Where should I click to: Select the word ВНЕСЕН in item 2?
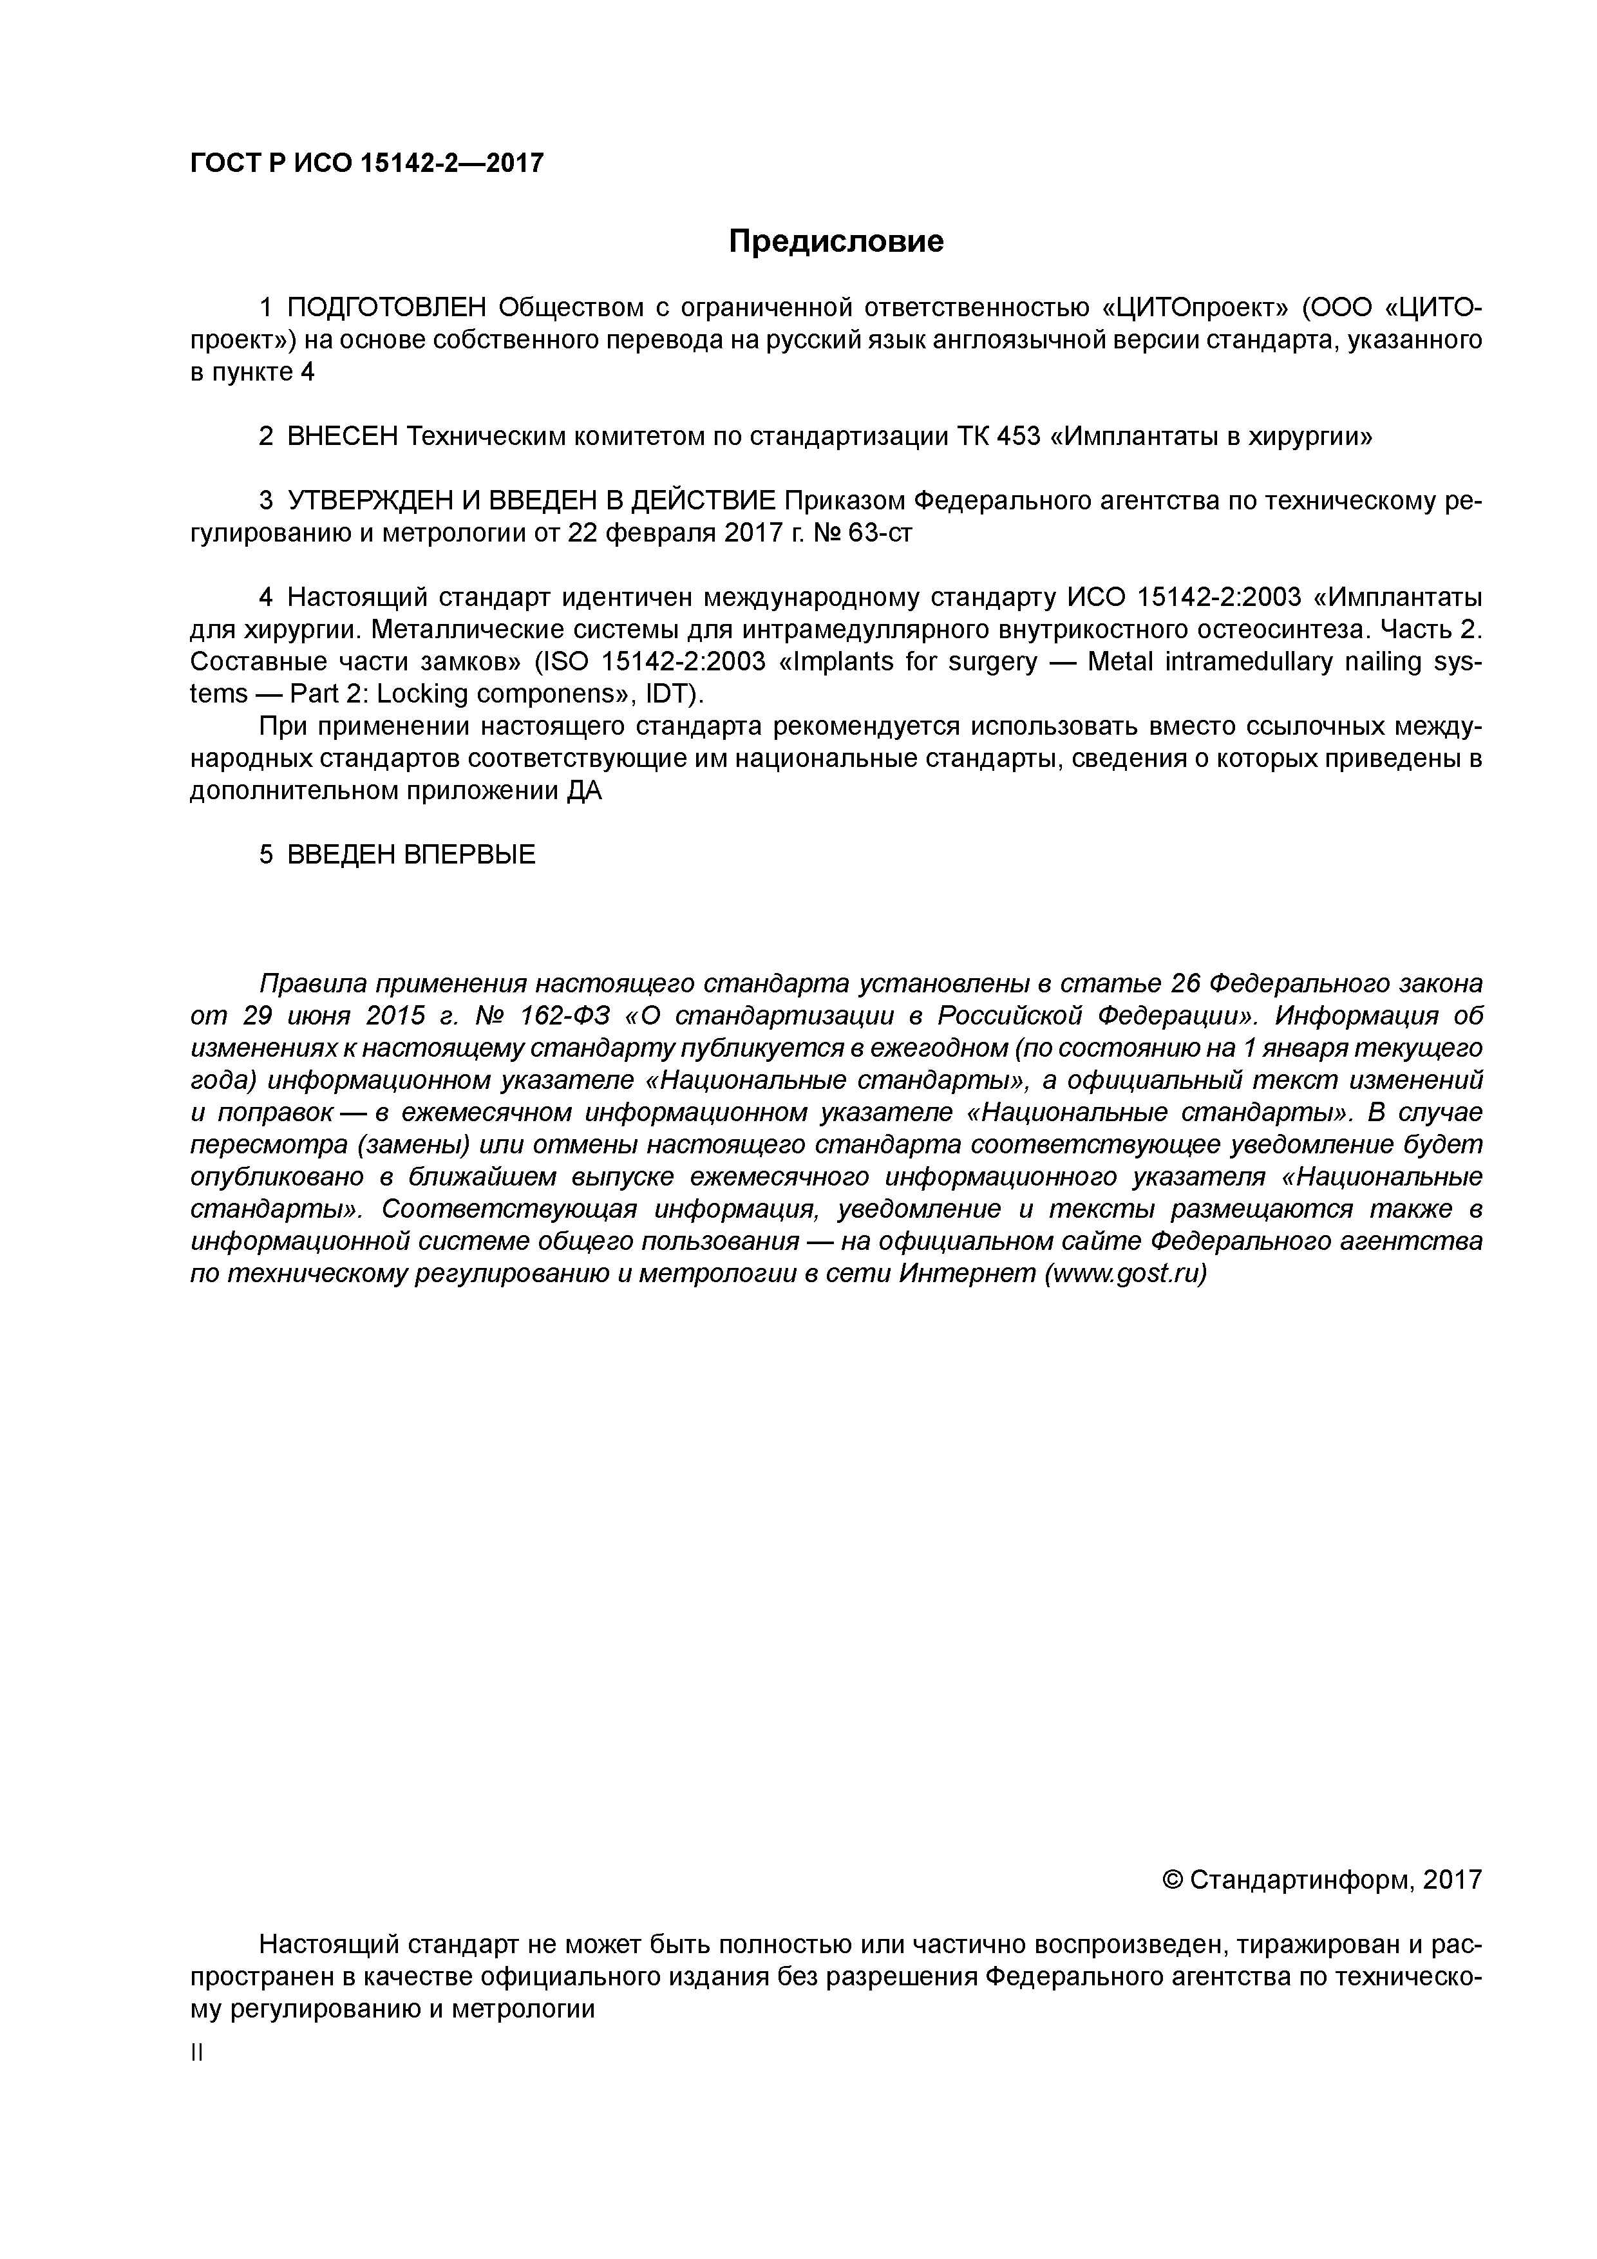click(343, 436)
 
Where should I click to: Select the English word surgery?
click(991, 662)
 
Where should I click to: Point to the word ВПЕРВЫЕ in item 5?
click(469, 855)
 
